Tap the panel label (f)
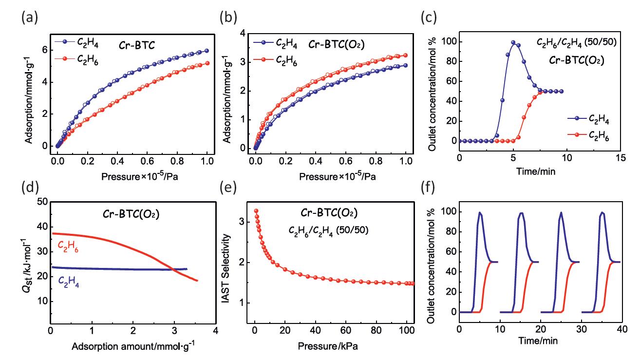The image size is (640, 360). click(x=428, y=186)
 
